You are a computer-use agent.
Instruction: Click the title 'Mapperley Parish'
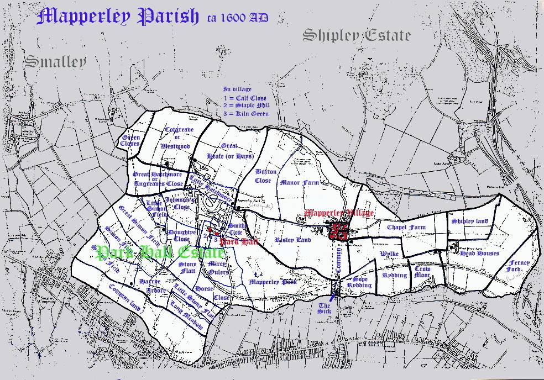[x=117, y=17]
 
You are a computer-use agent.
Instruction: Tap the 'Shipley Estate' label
[x=357, y=36]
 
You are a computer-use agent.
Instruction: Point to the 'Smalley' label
[x=55, y=61]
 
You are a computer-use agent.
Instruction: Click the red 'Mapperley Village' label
[x=339, y=213]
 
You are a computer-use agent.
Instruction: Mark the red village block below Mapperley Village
[x=338, y=231]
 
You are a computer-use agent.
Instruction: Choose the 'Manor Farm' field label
[x=300, y=182]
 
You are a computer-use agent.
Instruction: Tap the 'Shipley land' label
[x=469, y=221]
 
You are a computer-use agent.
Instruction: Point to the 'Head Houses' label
[x=479, y=254]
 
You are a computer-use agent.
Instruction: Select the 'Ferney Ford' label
[x=520, y=266]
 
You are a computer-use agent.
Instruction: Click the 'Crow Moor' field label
[x=422, y=272]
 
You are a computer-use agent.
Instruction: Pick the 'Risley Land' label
[x=293, y=240]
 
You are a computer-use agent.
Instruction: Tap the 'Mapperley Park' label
[x=273, y=282]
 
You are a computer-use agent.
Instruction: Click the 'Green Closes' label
[x=131, y=140]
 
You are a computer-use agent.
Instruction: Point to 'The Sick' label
[x=325, y=308]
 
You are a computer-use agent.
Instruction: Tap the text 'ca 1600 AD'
[x=238, y=18]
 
